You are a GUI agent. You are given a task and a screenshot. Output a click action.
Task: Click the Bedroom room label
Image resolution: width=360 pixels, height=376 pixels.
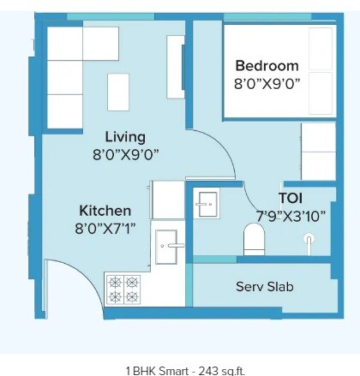pyautogui.click(x=267, y=66)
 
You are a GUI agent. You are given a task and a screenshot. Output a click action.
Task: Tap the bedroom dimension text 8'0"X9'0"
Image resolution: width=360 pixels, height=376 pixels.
pyautogui.click(x=267, y=84)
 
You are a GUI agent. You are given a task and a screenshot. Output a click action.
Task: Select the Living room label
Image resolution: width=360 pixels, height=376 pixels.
pyautogui.click(x=125, y=137)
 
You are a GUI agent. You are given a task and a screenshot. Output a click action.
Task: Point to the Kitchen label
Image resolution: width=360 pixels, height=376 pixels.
pyautogui.click(x=105, y=211)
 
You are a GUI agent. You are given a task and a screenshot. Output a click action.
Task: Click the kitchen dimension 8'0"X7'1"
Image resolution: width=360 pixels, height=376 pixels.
pyautogui.click(x=105, y=229)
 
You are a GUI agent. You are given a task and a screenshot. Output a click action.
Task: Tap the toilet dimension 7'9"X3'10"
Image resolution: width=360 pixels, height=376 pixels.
pyautogui.click(x=291, y=216)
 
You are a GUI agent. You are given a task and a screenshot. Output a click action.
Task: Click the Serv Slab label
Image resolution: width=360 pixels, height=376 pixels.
pyautogui.click(x=265, y=286)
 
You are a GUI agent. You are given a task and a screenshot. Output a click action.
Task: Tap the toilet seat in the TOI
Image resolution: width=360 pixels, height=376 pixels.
pyautogui.click(x=255, y=239)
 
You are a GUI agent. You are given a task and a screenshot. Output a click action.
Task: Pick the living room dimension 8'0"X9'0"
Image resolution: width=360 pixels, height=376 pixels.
pyautogui.click(x=125, y=155)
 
